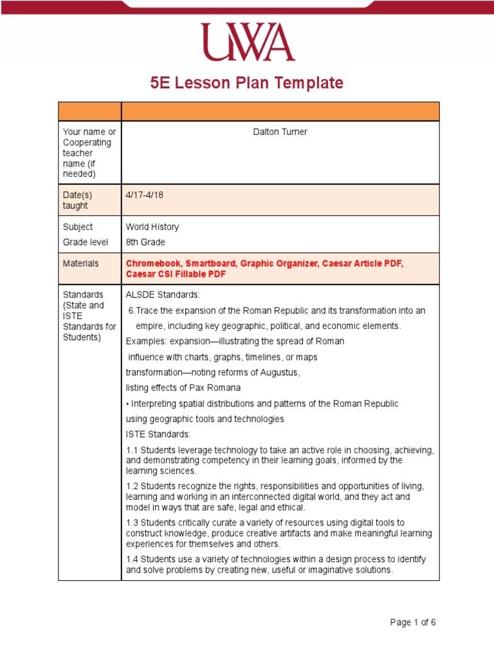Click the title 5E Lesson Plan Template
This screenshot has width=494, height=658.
pos(247,83)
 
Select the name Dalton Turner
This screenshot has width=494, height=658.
pos(280,132)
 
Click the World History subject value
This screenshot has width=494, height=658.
pos(152,227)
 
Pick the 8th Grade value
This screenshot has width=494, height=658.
pos(145,242)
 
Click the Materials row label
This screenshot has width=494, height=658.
pos(80,263)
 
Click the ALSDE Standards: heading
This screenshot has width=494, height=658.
pos(163,294)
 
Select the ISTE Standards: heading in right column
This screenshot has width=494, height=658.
pos(158,434)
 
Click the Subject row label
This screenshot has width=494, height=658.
pos(77,227)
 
